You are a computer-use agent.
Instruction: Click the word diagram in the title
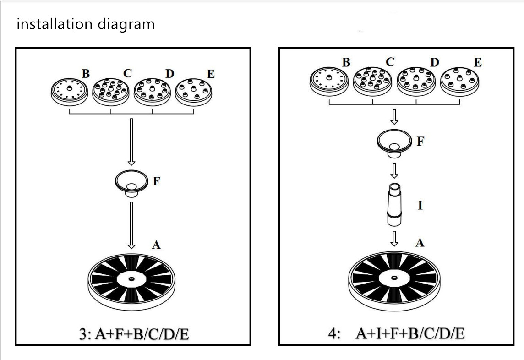click(126, 25)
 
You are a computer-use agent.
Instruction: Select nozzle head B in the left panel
click(70, 91)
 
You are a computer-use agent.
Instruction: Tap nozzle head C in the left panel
click(110, 91)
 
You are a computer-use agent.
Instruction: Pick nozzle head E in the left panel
click(194, 92)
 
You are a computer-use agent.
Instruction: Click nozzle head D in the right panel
click(416, 82)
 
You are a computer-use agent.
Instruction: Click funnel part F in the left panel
click(131, 183)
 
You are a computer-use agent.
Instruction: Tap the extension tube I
click(394, 204)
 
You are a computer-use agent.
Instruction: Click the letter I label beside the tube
click(420, 205)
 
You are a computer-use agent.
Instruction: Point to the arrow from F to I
click(395, 170)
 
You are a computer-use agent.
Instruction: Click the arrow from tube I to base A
click(395, 239)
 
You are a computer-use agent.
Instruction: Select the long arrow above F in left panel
click(131, 142)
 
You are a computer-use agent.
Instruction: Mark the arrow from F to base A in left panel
click(131, 225)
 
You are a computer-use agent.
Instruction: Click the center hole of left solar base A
click(131, 278)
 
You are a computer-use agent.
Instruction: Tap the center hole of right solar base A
click(394, 277)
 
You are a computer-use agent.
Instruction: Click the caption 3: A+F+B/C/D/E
click(134, 334)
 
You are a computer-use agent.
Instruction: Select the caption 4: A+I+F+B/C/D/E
click(397, 333)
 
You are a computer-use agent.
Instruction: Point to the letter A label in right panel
click(420, 242)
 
